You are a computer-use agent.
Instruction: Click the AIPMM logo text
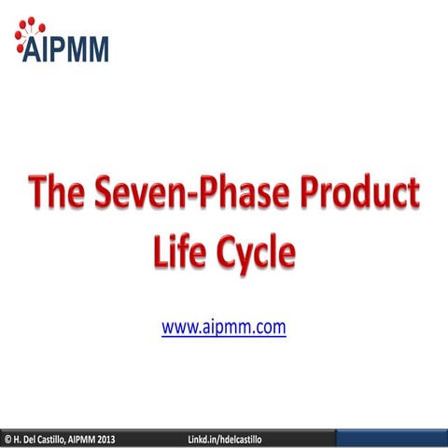point(67,48)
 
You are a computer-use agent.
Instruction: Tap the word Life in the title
point(179,250)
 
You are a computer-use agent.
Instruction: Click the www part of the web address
point(178,328)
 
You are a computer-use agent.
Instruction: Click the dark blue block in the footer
point(391,439)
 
